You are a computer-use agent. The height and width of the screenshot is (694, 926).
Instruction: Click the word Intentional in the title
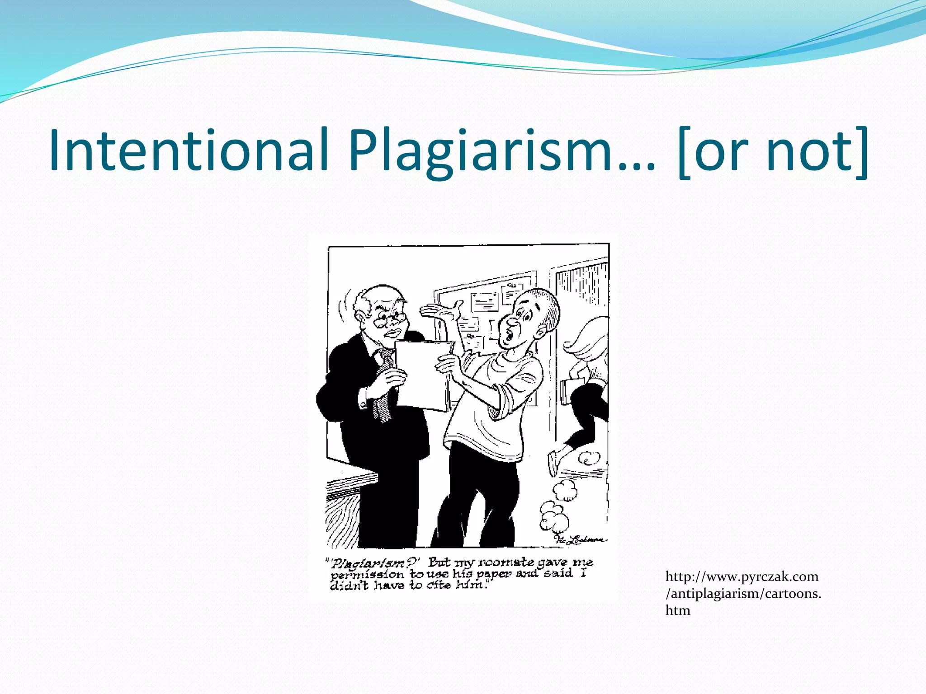tap(188, 150)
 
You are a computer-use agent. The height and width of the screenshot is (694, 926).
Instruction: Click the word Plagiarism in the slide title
tap(479, 150)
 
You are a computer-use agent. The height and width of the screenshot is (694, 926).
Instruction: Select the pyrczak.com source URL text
tap(742, 593)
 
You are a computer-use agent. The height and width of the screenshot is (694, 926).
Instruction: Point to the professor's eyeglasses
tap(388, 319)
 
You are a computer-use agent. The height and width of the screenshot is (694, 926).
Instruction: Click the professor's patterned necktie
tap(384, 384)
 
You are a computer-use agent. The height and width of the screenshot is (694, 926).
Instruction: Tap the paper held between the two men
tap(423, 375)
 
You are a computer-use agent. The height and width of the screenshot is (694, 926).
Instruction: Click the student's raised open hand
tap(441, 312)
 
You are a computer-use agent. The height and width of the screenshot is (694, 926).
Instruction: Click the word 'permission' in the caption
tap(367, 575)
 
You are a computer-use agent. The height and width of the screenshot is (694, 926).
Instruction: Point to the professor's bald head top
tap(384, 294)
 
